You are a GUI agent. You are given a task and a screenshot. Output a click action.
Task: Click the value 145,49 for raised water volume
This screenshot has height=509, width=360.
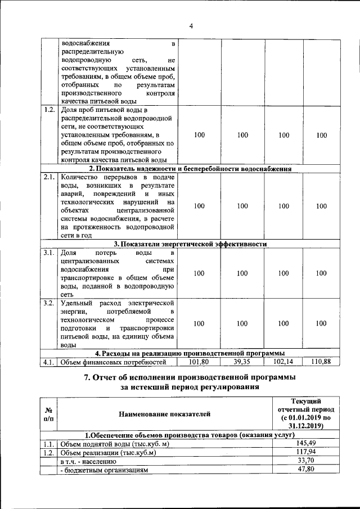pyautogui.click(x=304, y=444)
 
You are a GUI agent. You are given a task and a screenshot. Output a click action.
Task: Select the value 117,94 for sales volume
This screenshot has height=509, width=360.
pyautogui.click(x=304, y=452)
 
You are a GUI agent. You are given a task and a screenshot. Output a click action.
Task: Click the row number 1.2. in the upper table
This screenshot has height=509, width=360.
pyautogui.click(x=49, y=110)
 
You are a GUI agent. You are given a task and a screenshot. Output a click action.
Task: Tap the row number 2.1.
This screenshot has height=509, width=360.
pyautogui.click(x=49, y=177)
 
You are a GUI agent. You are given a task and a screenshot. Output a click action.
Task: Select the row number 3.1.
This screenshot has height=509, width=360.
pyautogui.click(x=49, y=252)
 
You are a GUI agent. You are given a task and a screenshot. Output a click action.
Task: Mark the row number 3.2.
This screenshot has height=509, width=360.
pyautogui.click(x=49, y=303)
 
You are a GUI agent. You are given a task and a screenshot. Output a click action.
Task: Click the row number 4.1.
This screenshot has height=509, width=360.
pyautogui.click(x=49, y=362)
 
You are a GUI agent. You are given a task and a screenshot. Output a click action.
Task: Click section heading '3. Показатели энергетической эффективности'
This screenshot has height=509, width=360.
pyautogui.click(x=190, y=244)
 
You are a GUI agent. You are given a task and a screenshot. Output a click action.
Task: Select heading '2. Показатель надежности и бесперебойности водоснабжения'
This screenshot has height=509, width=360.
pyautogui.click(x=190, y=168)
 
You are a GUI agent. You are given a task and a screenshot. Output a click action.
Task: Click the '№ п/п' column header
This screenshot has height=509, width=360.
pyautogui.click(x=49, y=415)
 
